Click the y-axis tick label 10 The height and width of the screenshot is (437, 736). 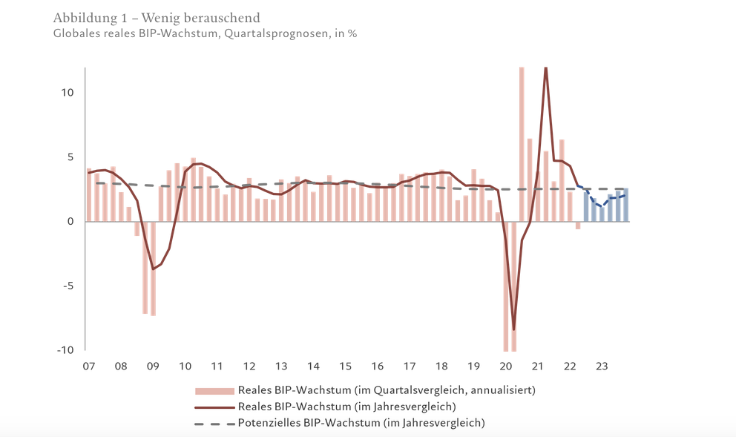click(x=68, y=93)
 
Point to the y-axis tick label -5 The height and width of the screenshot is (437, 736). click(x=68, y=286)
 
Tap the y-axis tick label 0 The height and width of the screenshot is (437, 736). click(x=70, y=221)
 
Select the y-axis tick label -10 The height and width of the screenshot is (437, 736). click(x=65, y=350)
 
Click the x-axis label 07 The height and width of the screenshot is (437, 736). click(x=89, y=366)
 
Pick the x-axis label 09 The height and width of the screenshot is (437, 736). click(x=153, y=366)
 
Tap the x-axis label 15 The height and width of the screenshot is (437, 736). click(x=345, y=366)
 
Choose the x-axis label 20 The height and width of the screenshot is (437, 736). click(x=505, y=366)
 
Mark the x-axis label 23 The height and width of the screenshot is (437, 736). click(x=602, y=366)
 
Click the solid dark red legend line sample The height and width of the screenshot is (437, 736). click(x=214, y=407)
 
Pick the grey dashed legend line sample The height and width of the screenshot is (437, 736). click(x=214, y=424)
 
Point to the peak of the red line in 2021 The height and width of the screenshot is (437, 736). click(x=545, y=68)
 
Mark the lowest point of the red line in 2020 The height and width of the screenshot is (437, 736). click(x=513, y=329)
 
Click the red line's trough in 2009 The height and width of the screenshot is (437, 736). click(x=153, y=269)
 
